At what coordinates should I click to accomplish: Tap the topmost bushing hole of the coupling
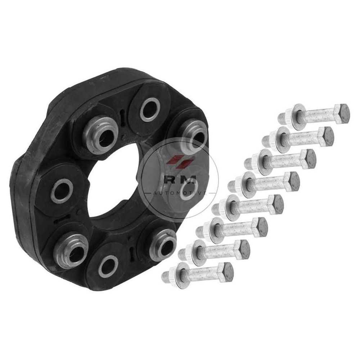150,110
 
